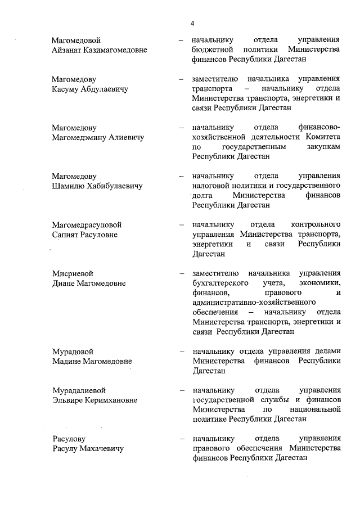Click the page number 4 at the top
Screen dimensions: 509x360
click(x=192, y=23)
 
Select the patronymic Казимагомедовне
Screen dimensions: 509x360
click(x=115, y=50)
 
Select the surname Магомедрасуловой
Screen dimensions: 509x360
click(x=87, y=225)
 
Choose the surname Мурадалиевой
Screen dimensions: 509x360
click(x=79, y=390)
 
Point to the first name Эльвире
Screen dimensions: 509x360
click(x=67, y=400)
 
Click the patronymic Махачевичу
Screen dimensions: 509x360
click(x=103, y=448)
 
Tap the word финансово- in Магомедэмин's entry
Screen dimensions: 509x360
click(x=319, y=128)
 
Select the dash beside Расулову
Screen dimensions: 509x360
click(x=181, y=439)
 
